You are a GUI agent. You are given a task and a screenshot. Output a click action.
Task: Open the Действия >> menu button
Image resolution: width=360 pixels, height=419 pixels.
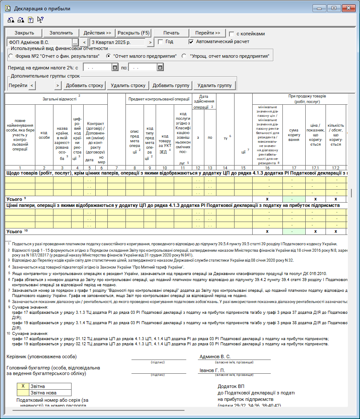coord(97,33)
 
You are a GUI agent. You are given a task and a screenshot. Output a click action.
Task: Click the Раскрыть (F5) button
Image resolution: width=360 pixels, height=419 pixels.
coord(134,33)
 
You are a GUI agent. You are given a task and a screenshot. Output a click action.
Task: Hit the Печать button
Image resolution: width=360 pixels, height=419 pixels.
coord(171,33)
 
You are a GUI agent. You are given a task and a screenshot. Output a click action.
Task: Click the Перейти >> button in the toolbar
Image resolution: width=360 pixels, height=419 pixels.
coord(207,33)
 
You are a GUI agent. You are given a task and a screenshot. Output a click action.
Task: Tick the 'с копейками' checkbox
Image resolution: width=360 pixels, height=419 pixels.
coord(232,34)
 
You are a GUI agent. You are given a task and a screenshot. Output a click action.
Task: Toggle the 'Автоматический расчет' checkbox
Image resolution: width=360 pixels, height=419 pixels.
coord(191,42)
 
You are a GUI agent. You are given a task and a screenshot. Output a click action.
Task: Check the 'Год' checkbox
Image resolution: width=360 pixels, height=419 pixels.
coord(160,42)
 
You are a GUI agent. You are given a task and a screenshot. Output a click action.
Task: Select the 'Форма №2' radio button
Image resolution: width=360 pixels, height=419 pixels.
coord(11,56)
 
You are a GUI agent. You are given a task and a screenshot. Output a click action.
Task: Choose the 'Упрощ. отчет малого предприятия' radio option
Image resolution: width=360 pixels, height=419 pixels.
coord(184,56)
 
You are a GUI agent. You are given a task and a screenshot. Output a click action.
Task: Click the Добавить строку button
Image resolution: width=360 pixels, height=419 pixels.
coord(84,85)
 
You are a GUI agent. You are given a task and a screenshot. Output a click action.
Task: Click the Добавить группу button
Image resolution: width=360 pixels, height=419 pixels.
coord(171,85)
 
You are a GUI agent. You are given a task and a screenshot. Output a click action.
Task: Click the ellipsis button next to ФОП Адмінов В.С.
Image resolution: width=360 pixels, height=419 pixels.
coord(75,42)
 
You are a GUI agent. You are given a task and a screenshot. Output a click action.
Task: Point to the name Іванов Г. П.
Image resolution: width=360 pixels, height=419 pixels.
coord(212,370)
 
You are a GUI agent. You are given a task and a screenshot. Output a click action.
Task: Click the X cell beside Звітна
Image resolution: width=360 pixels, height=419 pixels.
coord(23,386)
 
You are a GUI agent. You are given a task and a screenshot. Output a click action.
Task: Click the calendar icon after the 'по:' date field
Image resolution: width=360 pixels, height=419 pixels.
coord(160,67)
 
